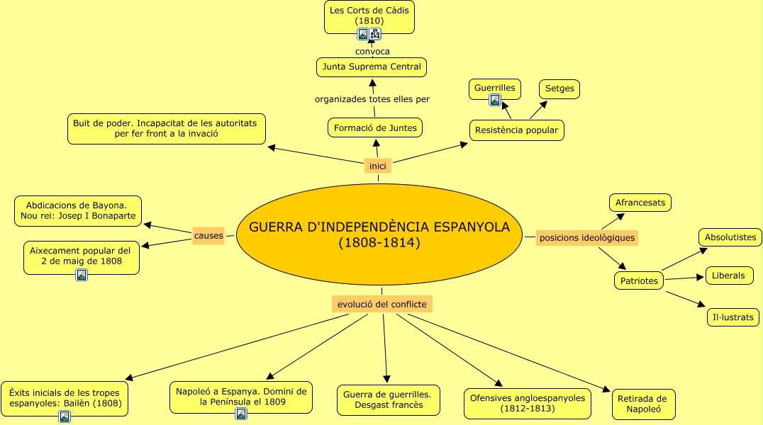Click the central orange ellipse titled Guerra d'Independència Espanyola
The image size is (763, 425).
379,234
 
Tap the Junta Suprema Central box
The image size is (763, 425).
372,67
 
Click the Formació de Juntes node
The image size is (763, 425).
375,127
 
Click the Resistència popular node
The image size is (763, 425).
517,130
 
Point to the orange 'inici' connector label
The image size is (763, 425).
378,166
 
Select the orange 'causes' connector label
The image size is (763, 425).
208,235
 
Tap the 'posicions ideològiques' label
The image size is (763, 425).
586,237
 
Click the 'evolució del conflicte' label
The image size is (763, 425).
381,304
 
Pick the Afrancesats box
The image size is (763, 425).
640,203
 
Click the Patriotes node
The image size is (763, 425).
639,280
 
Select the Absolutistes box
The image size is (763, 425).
730,237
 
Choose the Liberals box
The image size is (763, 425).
728,276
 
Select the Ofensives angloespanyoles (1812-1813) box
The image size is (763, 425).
528,403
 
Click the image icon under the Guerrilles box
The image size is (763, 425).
495,100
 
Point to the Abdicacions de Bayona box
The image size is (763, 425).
78,210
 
